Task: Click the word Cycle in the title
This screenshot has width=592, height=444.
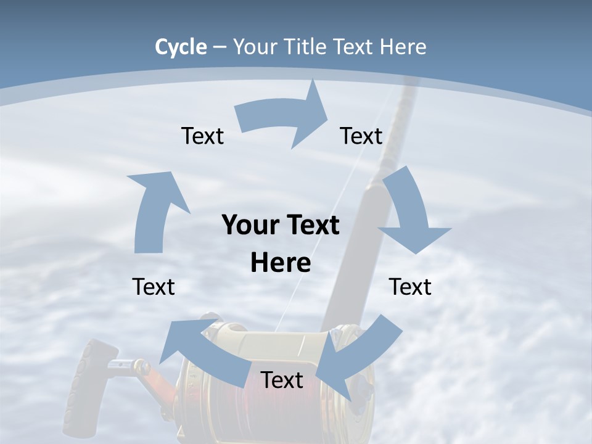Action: (x=181, y=47)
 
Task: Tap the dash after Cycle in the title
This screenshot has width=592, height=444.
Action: (x=220, y=47)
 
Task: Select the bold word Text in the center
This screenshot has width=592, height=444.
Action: (x=311, y=225)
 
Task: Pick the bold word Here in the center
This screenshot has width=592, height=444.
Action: (x=281, y=263)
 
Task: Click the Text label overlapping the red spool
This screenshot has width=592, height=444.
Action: (x=282, y=380)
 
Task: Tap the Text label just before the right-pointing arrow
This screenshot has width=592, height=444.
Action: (x=202, y=136)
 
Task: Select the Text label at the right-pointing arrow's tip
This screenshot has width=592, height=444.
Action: (x=361, y=136)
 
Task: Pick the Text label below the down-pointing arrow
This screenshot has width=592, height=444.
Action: (x=410, y=287)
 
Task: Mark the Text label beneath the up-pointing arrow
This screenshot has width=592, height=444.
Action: (x=154, y=287)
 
